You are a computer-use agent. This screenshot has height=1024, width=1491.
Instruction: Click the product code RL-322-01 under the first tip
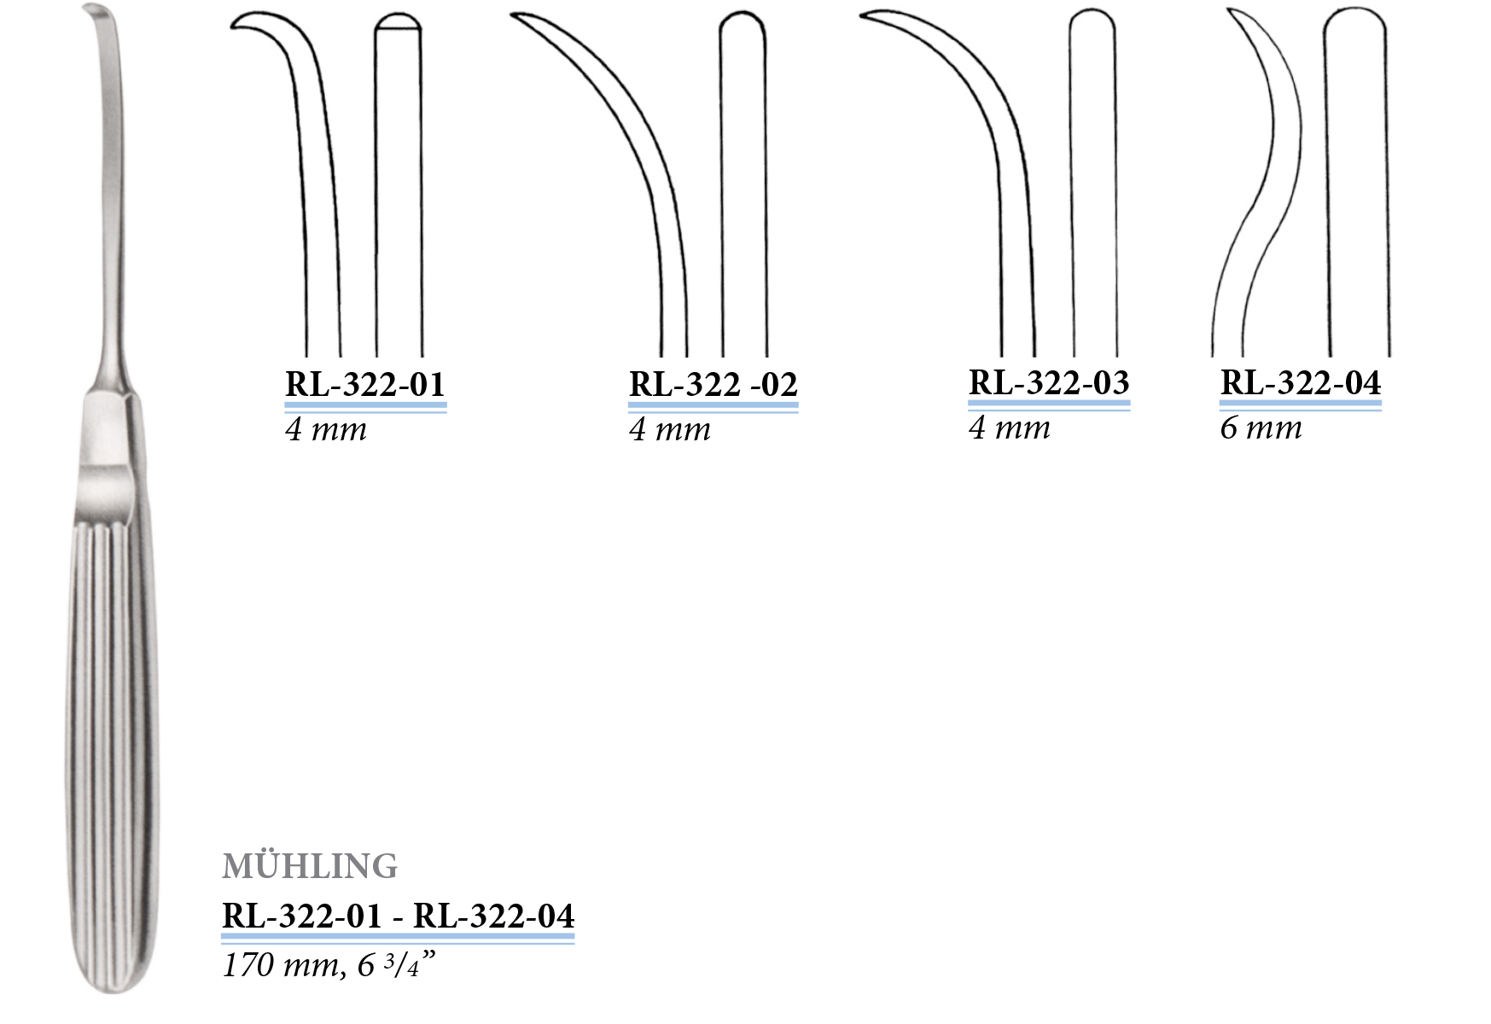[365, 385]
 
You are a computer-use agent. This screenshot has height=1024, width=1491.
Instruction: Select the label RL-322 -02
[713, 385]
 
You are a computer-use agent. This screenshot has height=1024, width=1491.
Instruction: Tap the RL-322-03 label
[1049, 383]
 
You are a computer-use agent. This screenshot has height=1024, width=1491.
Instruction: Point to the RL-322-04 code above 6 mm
[1301, 383]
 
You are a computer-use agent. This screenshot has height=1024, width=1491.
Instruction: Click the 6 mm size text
[1261, 428]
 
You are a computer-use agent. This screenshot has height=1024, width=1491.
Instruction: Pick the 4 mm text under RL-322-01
[326, 429]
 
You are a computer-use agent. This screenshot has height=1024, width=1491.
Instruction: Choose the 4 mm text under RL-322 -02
[670, 429]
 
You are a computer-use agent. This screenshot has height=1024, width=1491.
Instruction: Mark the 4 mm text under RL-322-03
[1010, 428]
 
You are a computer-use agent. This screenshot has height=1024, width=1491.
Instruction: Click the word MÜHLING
[310, 866]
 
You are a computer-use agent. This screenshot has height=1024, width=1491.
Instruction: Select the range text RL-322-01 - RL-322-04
[398, 916]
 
